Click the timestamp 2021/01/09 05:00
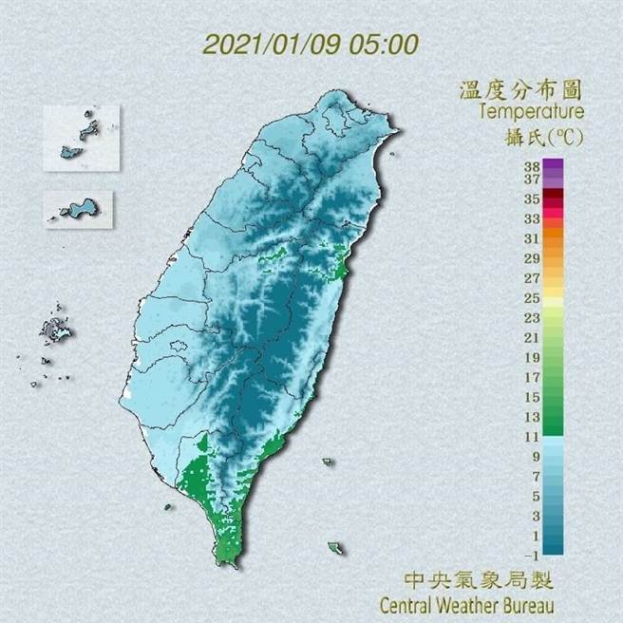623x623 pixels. tap(311, 44)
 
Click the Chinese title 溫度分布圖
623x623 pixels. tap(519, 91)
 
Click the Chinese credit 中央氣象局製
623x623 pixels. tap(479, 579)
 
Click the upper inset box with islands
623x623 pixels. tap(81, 138)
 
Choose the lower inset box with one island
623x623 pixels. tap(78, 209)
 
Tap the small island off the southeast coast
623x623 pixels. tap(335, 549)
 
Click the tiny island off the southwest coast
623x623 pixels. tap(168, 507)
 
